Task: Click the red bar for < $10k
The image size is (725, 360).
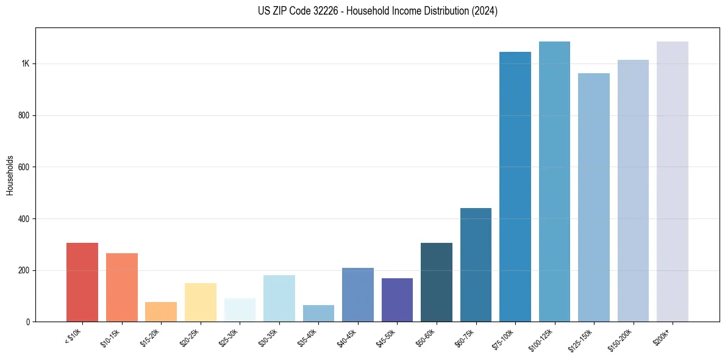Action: tap(82, 282)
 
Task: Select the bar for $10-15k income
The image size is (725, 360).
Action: tap(122, 287)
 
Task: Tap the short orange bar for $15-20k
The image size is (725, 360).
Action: tap(161, 312)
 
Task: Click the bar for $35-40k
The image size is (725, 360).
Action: tap(318, 313)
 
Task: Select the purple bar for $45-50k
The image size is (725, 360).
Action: tap(397, 300)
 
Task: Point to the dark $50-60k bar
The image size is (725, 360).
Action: tap(437, 282)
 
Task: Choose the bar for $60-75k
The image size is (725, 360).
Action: tap(476, 265)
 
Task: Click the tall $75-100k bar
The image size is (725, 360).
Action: tap(515, 187)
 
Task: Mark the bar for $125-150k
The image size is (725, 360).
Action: tap(594, 197)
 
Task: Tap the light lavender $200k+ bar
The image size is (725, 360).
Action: tap(673, 181)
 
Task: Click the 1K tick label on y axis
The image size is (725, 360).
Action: tap(26, 64)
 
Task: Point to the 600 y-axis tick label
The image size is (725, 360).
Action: tap(24, 167)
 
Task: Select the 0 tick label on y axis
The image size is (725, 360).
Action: tap(29, 322)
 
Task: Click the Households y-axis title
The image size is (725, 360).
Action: tap(10, 175)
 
